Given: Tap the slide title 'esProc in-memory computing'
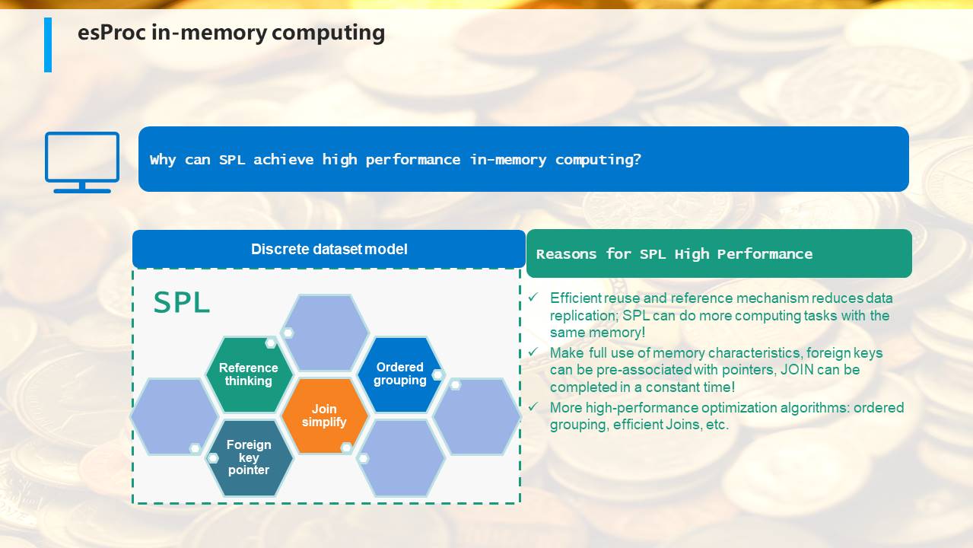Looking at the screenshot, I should [x=231, y=33].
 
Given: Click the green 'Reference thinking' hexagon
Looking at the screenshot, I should [x=248, y=374].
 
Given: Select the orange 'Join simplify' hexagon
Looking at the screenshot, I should [x=324, y=416].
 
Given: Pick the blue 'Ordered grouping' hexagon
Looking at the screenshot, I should [x=400, y=374].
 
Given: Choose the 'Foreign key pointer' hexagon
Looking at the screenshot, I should [x=248, y=457].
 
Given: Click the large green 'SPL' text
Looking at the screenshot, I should [x=182, y=302].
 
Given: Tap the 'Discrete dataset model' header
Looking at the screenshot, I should [x=329, y=249].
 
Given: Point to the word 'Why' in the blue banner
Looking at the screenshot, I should [x=163, y=160].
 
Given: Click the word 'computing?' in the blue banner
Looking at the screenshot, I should [x=598, y=160].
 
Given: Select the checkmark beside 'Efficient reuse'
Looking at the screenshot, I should [x=533, y=298].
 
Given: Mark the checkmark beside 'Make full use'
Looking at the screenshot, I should [x=533, y=352].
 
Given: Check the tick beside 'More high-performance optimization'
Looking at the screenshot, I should [x=533, y=407].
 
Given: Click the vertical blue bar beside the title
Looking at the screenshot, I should [x=48, y=45].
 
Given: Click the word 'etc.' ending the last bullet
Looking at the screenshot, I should [x=717, y=425].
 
